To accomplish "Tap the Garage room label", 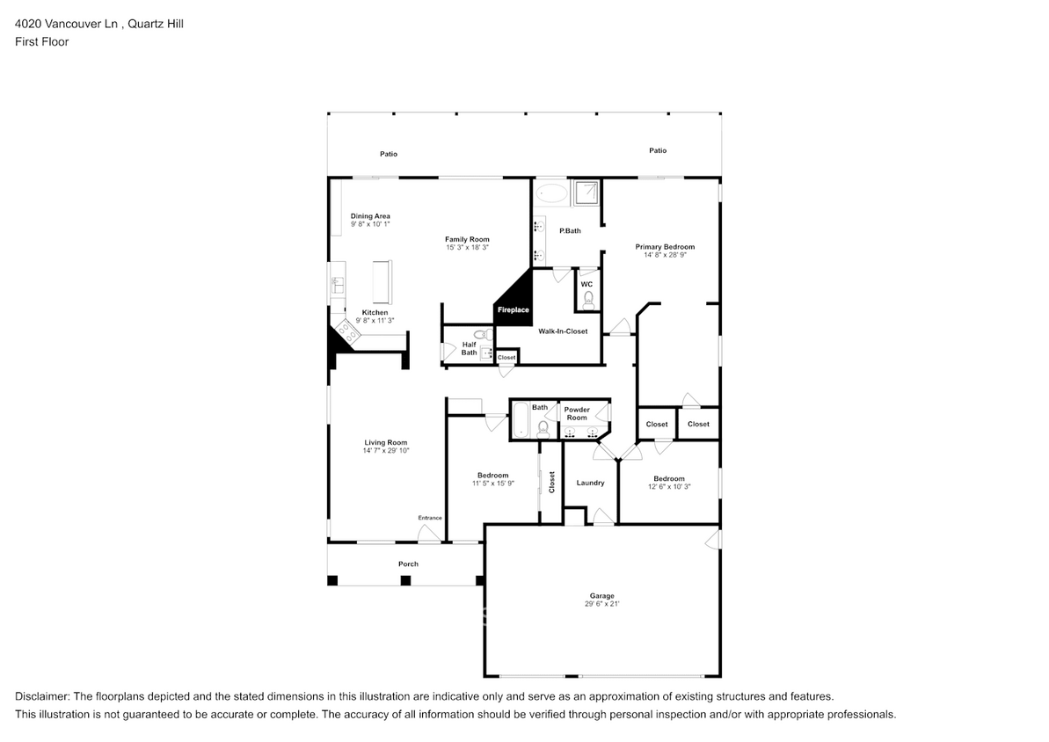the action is (x=601, y=595).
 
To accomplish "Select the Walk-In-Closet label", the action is (x=563, y=331).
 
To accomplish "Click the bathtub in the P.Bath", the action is (x=552, y=194).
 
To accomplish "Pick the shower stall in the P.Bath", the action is (x=586, y=192).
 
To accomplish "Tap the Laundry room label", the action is (x=590, y=483).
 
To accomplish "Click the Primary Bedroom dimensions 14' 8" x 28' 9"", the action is (x=665, y=255).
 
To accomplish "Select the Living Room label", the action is (x=385, y=442).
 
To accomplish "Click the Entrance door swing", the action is (x=430, y=534).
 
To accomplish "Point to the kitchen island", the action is (x=382, y=281).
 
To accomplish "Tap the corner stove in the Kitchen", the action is (x=346, y=331).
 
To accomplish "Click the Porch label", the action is (x=408, y=564).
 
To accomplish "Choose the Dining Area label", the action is (x=370, y=216).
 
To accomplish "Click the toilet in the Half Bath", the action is (x=482, y=334).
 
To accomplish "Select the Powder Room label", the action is (x=577, y=413).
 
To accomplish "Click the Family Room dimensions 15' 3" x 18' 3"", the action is (x=467, y=248).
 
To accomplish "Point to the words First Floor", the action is (x=41, y=41).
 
